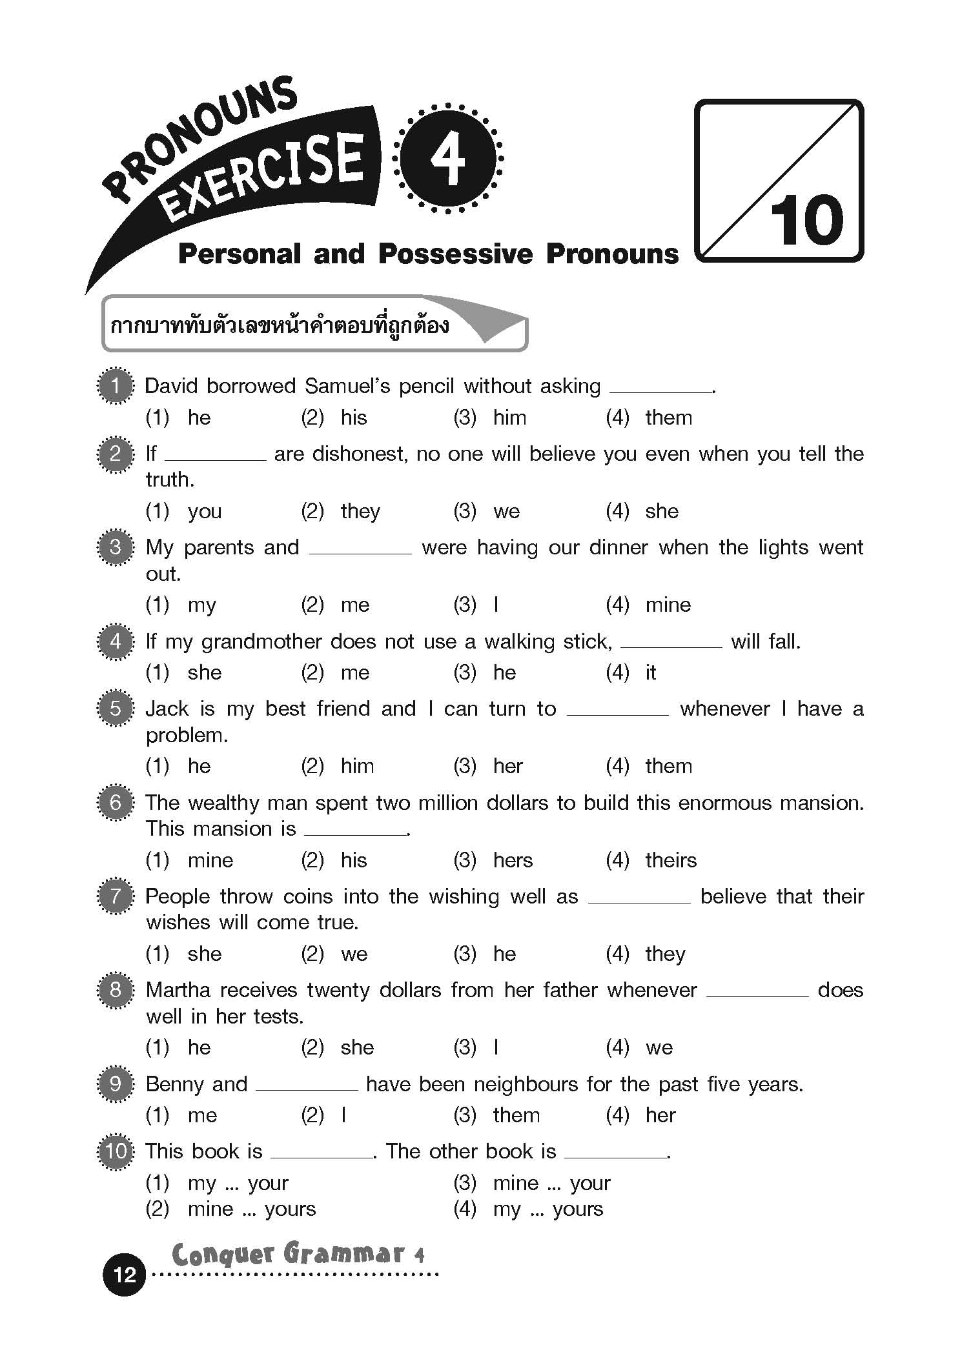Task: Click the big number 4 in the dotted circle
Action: click(448, 158)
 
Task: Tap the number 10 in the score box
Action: click(806, 221)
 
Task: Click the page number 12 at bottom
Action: click(125, 1274)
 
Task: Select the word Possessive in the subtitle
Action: click(456, 254)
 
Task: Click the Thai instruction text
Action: click(280, 325)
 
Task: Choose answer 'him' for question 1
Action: click(509, 418)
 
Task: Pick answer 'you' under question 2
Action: click(205, 511)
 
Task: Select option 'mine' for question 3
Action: click(668, 605)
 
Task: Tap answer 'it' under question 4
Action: click(651, 672)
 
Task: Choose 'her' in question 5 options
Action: click(507, 766)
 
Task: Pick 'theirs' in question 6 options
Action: click(671, 860)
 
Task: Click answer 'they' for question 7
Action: click(665, 954)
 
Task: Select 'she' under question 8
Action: click(357, 1047)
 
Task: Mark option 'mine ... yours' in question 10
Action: click(252, 1208)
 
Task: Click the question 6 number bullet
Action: click(116, 803)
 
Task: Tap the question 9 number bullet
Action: click(116, 1084)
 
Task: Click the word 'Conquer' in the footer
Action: click(223, 1254)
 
